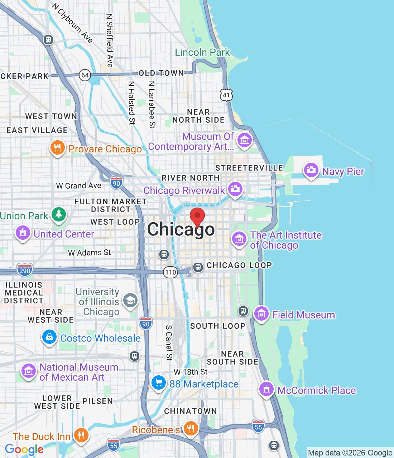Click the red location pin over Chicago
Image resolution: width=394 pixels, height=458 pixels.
pyautogui.click(x=197, y=216)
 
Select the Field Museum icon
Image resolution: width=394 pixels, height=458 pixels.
pyautogui.click(x=261, y=314)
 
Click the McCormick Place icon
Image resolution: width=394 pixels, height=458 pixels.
pyautogui.click(x=266, y=389)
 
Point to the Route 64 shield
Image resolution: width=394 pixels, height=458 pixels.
pyautogui.click(x=85, y=75)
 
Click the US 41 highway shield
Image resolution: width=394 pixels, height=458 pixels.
pyautogui.click(x=226, y=95)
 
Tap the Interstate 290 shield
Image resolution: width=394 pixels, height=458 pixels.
pyautogui.click(x=25, y=270)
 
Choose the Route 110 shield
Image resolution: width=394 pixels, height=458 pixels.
pyautogui.click(x=170, y=272)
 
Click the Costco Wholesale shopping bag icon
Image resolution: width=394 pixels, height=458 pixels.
pyautogui.click(x=49, y=337)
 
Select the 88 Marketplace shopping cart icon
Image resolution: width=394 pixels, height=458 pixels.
pyautogui.click(x=158, y=383)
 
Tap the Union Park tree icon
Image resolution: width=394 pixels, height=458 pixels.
pyautogui.click(x=59, y=215)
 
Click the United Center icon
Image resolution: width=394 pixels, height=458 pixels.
pyautogui.click(x=23, y=233)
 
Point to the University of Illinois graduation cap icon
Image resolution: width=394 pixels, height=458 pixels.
pyautogui.click(x=130, y=300)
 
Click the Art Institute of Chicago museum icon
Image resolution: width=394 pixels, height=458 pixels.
pyautogui.click(x=239, y=239)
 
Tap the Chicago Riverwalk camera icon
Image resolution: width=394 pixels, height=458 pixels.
pyautogui.click(x=235, y=188)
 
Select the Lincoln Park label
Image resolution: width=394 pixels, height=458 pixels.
pyautogui.click(x=202, y=53)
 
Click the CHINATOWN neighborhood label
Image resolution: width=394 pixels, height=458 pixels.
pyautogui.click(x=191, y=411)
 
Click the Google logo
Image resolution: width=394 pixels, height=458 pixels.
pyautogui.click(x=24, y=449)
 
